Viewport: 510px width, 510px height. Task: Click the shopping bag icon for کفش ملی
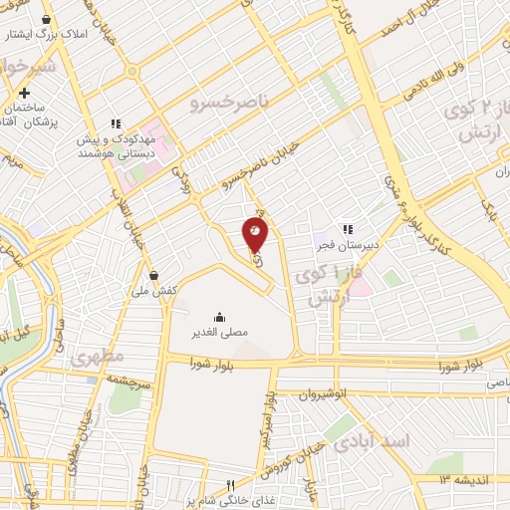[153, 275]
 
